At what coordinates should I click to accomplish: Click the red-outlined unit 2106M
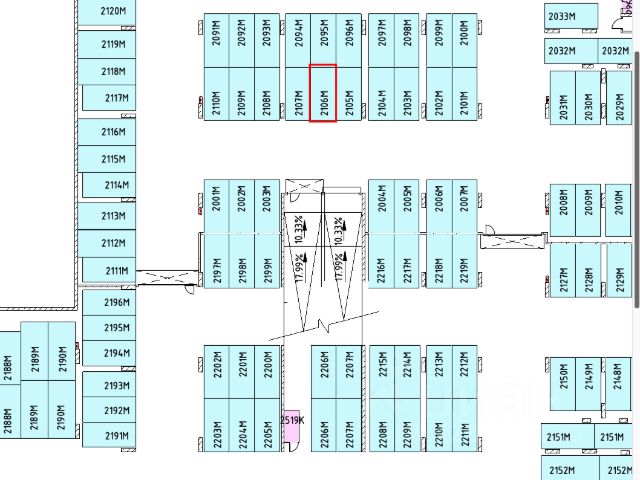click(x=322, y=94)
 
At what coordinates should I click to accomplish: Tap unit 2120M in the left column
click(x=113, y=12)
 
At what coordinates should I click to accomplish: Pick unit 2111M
click(x=116, y=271)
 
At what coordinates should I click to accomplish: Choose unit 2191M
click(x=117, y=436)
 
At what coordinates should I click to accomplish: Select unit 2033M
click(x=562, y=16)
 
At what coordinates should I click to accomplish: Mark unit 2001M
click(x=216, y=205)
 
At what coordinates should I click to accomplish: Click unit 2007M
click(x=464, y=205)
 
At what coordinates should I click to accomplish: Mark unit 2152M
click(x=562, y=470)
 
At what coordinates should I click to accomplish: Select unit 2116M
click(x=113, y=132)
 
